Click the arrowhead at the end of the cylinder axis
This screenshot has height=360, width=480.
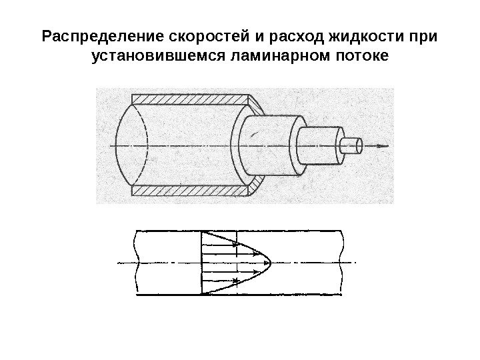click(384, 145)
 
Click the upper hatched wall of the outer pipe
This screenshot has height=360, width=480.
click(190, 100)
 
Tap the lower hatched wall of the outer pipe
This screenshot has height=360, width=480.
click(190, 191)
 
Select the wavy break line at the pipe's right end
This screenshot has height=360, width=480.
click(342, 262)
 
